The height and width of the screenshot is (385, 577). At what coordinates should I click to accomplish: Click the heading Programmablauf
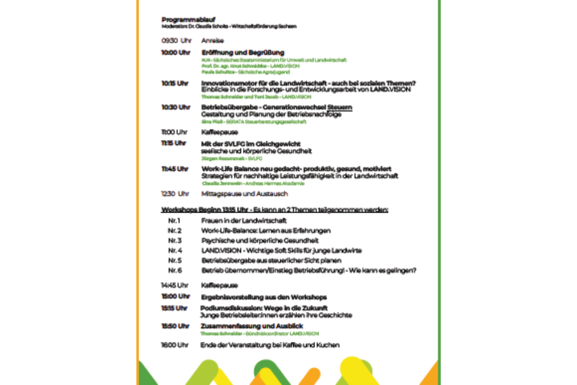[188, 19]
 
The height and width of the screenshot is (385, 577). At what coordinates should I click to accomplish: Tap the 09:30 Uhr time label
[176, 40]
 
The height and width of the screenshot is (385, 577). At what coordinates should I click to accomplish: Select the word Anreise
[212, 40]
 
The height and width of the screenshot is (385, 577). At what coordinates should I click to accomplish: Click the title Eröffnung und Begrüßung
[243, 53]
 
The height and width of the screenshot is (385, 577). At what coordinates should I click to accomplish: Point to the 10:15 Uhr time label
[175, 83]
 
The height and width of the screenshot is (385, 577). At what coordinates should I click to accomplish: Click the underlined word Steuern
[339, 107]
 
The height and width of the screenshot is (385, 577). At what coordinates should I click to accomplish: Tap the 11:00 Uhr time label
[174, 132]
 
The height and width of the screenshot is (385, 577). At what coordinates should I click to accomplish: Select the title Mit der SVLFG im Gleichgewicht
[251, 144]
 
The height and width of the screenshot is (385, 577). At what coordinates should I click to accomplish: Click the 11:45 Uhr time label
[175, 169]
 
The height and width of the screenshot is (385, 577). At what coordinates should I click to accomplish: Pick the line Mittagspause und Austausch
[245, 194]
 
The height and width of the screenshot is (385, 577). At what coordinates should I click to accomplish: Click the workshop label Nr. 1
[174, 220]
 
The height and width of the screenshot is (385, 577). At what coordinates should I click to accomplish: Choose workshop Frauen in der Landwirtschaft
[244, 220]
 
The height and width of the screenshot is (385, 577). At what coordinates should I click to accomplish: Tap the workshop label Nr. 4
[175, 250]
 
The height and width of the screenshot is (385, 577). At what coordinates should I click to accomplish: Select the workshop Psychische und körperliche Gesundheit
[260, 240]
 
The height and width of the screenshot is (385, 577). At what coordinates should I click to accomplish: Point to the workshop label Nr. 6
[175, 270]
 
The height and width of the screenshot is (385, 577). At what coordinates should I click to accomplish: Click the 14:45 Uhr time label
[175, 285]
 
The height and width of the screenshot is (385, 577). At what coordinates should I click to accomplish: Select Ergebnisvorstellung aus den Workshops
[264, 297]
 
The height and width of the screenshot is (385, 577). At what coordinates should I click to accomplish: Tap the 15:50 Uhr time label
[175, 326]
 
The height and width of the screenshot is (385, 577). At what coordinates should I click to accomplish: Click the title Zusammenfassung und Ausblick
[252, 326]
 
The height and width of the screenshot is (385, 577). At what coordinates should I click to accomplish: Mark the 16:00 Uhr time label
[175, 345]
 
